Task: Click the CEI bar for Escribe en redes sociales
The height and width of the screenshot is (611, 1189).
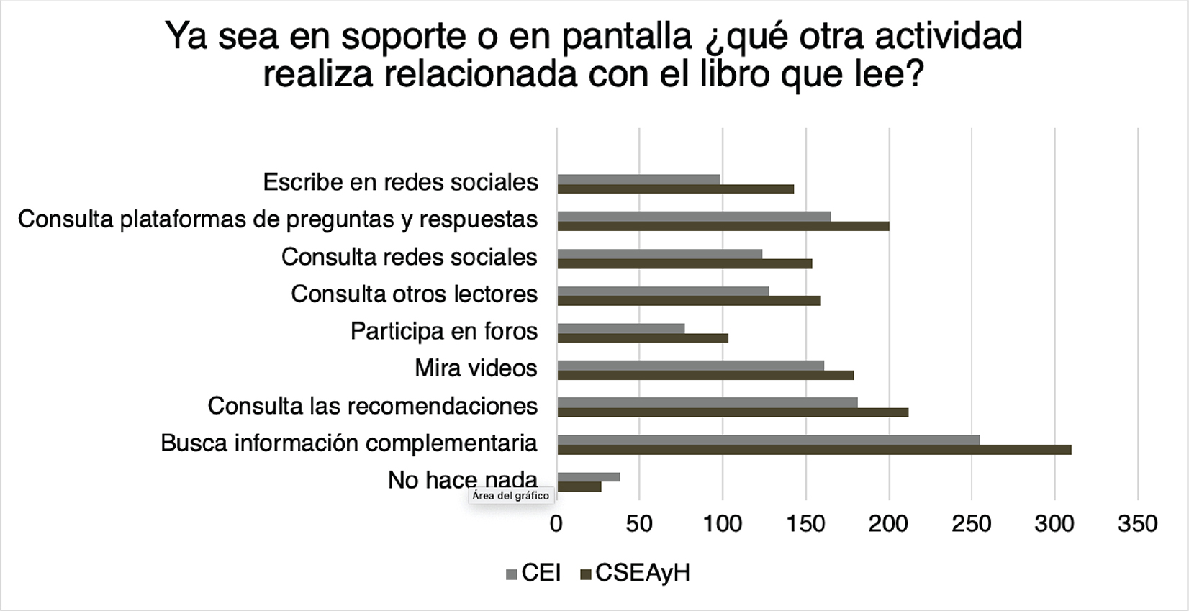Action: pyautogui.click(x=638, y=179)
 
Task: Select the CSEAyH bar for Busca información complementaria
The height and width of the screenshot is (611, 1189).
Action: pyautogui.click(x=814, y=450)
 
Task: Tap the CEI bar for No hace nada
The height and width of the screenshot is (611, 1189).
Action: pyautogui.click(x=589, y=476)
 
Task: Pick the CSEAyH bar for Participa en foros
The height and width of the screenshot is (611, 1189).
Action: pyautogui.click(x=643, y=338)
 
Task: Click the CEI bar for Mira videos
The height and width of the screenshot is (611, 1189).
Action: pyautogui.click(x=691, y=365)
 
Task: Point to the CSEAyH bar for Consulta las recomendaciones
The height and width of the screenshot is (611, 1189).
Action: pyautogui.click(x=733, y=412)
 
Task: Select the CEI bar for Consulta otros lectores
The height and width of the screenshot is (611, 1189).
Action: pyautogui.click(x=663, y=291)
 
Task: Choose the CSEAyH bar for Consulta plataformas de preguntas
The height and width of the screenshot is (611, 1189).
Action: pyautogui.click(x=723, y=226)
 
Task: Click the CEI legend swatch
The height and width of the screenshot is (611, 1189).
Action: pyautogui.click(x=512, y=574)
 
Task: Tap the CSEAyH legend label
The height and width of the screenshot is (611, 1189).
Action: pyautogui.click(x=643, y=573)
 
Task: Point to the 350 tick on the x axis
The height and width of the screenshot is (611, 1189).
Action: pyautogui.click(x=1137, y=523)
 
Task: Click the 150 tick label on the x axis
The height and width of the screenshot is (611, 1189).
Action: pyautogui.click(x=805, y=523)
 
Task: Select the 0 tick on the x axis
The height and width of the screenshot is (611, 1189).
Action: pyautogui.click(x=556, y=523)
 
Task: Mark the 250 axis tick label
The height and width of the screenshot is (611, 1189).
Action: pyautogui.click(x=972, y=523)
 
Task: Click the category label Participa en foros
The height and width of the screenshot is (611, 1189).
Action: pyautogui.click(x=444, y=331)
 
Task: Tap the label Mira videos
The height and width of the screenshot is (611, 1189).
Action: pyautogui.click(x=476, y=368)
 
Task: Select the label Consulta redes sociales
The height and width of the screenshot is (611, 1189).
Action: pyautogui.click(x=409, y=257)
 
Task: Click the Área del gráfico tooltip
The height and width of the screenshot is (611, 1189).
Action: pyautogui.click(x=511, y=496)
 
